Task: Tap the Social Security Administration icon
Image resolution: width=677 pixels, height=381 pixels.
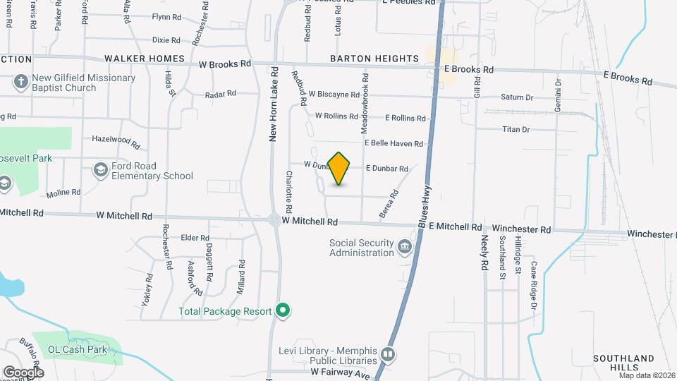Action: [405, 246]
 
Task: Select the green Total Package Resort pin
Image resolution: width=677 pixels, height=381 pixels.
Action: [283, 310]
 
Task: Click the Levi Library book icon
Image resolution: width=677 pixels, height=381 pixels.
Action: [387, 353]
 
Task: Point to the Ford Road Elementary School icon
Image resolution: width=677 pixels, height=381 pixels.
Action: [100, 169]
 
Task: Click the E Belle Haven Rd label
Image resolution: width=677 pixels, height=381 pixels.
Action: [394, 143]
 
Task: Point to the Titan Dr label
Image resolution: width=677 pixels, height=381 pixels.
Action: [516, 129]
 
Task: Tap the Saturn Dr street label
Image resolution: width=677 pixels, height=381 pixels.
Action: [517, 97]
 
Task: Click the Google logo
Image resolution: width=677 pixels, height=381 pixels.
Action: [23, 372]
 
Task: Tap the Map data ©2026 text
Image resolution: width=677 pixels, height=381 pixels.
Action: [647, 375]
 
